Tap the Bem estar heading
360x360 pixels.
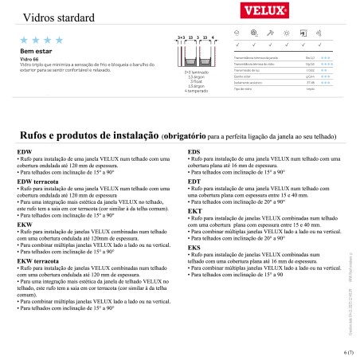coord(30,49)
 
